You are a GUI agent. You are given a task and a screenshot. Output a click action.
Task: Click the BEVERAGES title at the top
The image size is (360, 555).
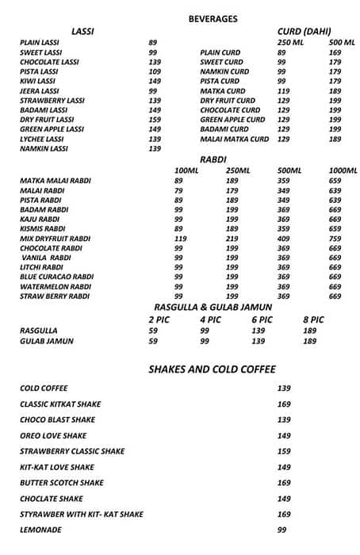(x=213, y=17)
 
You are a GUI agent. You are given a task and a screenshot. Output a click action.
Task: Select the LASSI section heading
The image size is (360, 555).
(x=82, y=31)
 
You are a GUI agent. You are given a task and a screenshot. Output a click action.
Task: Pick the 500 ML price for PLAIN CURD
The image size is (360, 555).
(x=335, y=52)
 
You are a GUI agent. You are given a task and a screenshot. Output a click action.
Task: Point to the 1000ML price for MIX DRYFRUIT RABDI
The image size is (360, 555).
(x=335, y=238)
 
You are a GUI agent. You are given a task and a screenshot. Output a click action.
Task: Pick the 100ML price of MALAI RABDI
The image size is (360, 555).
(x=178, y=190)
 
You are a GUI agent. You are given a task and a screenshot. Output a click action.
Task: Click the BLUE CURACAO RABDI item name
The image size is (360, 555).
(x=56, y=277)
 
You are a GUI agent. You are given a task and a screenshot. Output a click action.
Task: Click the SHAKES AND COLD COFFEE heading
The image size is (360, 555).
(x=213, y=369)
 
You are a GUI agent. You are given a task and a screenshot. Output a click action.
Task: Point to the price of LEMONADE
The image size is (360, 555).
(x=281, y=530)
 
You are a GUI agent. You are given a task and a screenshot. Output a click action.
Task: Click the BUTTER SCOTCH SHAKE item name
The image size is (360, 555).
(x=62, y=482)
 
